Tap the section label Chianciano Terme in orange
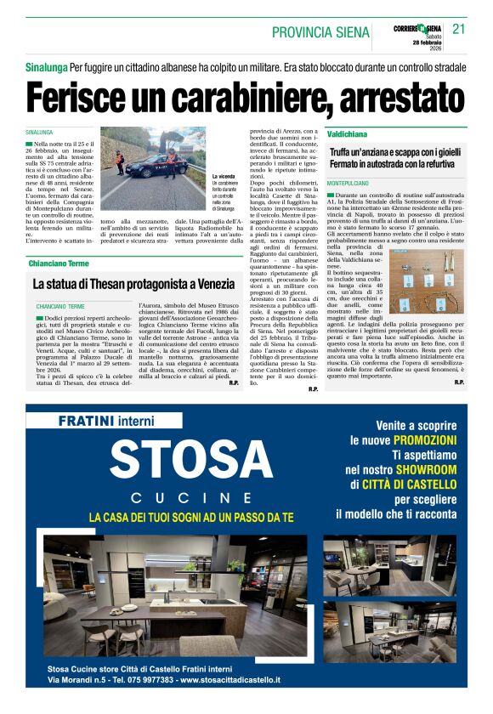(x=59, y=263)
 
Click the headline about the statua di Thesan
(x=133, y=284)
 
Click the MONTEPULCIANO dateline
(x=349, y=184)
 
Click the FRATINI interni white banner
(x=107, y=421)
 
